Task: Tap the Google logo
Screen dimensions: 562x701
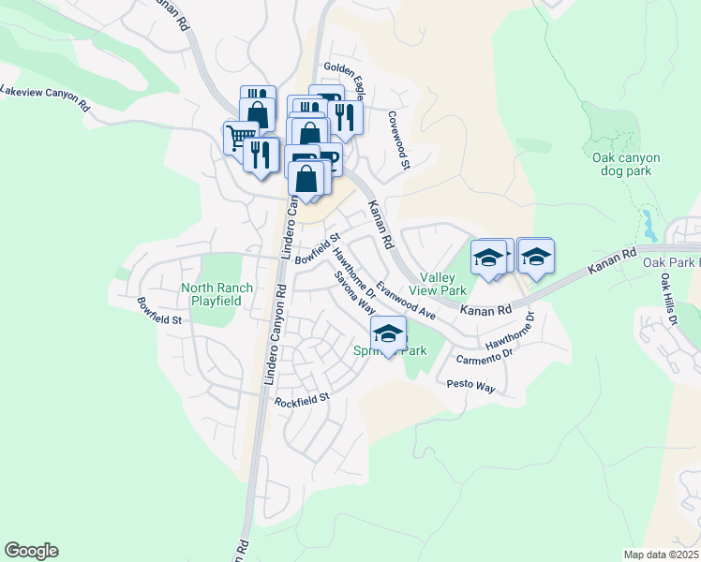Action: coord(31,551)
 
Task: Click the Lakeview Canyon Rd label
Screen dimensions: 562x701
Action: coord(46,97)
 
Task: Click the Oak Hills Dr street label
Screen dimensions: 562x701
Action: coord(667,299)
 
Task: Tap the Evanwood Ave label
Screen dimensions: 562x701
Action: coord(406,297)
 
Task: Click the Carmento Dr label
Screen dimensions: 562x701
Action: coord(485,356)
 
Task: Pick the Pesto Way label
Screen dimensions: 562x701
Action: coord(470,385)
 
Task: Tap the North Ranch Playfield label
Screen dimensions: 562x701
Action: coord(211,294)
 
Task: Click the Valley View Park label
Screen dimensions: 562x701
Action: coord(437,285)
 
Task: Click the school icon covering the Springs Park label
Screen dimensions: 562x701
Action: coord(388,333)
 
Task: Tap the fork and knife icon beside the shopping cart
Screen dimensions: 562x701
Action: coord(261,155)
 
